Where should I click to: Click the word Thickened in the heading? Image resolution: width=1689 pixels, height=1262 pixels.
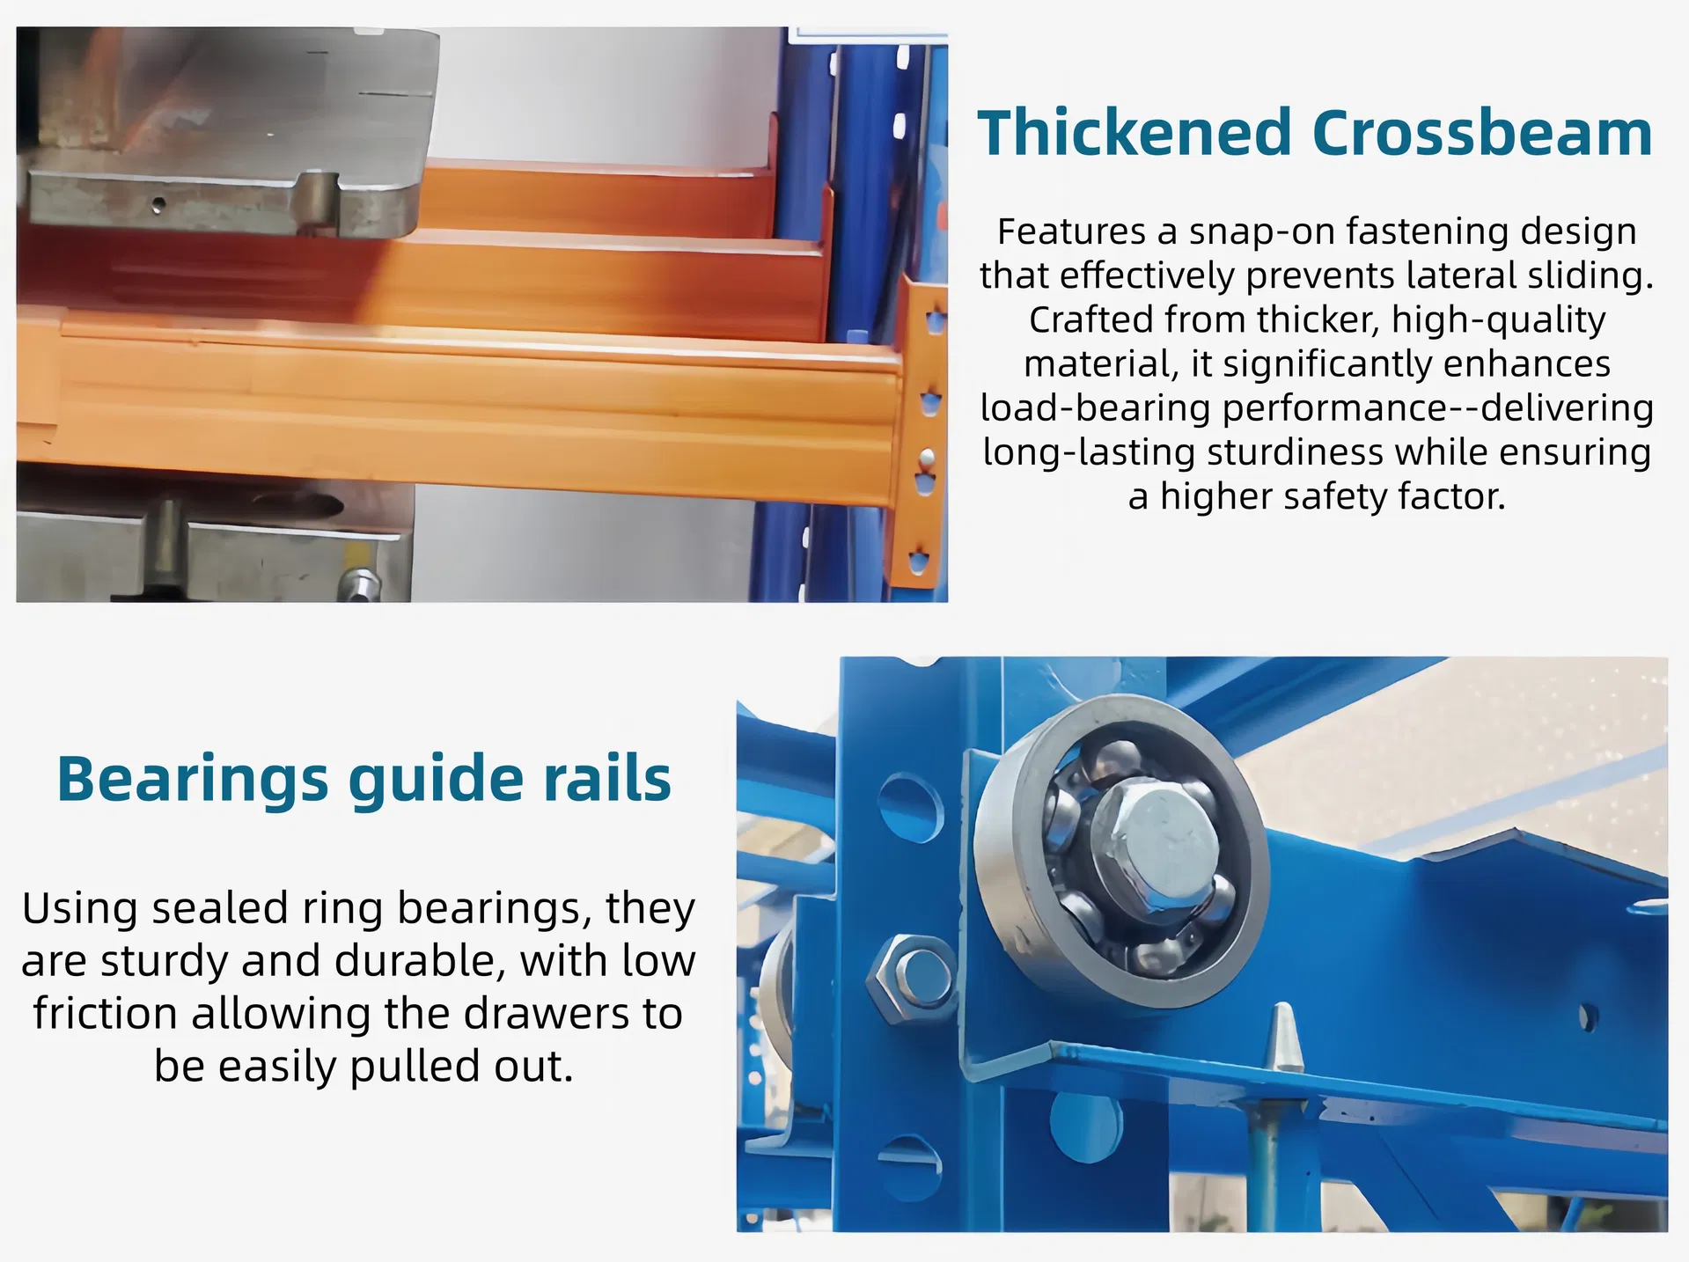[x=1134, y=133]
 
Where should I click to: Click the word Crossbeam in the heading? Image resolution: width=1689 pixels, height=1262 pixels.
[x=1482, y=133]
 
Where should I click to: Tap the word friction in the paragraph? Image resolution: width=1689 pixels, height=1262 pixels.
[x=105, y=1013]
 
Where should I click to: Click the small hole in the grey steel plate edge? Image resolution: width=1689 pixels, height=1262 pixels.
[x=158, y=205]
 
